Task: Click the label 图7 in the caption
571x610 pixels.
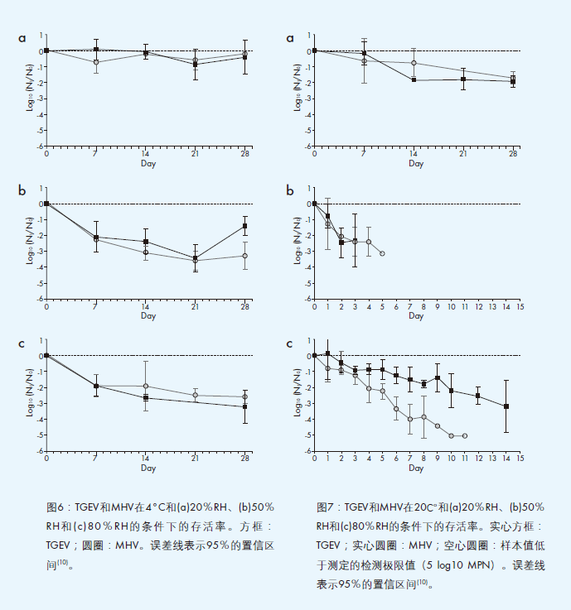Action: pos(326,507)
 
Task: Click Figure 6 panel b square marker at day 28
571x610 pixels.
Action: pos(245,226)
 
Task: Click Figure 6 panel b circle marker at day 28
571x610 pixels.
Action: pos(245,256)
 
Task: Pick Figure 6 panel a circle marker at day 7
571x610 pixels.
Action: pos(96,62)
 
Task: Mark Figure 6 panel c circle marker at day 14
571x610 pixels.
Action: pos(146,386)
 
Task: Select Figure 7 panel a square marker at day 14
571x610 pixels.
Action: pos(414,79)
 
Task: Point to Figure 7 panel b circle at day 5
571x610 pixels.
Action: pos(382,253)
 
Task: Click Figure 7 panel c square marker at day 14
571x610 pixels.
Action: pos(506,406)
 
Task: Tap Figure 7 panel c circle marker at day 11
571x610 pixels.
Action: pos(465,435)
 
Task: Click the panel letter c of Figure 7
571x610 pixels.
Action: pos(290,343)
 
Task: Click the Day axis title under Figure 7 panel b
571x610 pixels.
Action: pos(416,315)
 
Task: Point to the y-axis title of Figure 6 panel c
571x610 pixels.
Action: pos(31,403)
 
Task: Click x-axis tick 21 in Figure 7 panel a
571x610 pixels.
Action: pos(463,154)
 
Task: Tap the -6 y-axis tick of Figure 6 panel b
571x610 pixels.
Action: pos(41,299)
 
